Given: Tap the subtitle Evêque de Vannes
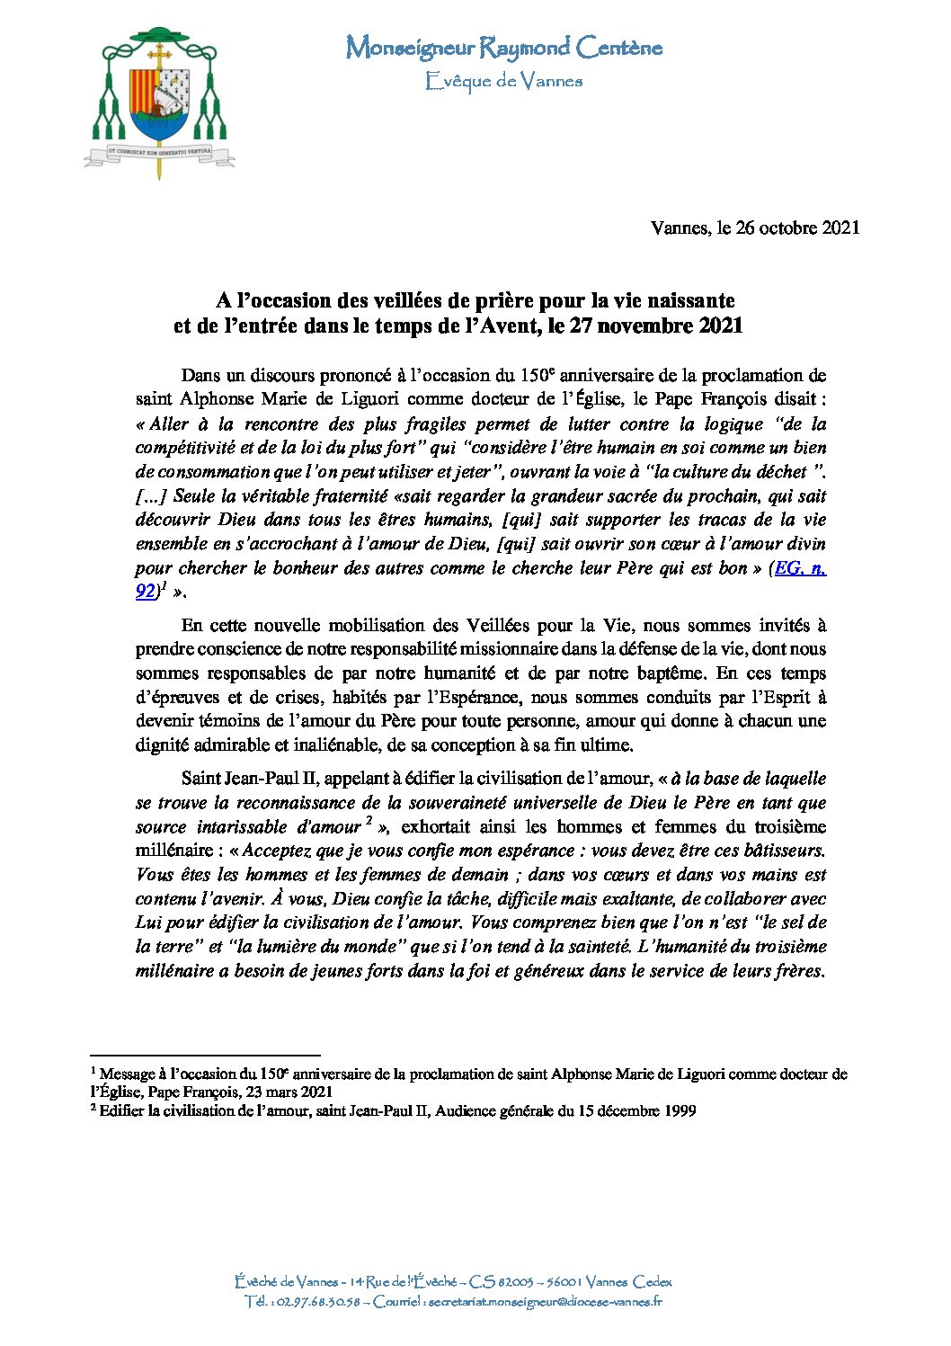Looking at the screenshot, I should pyautogui.click(x=503, y=82).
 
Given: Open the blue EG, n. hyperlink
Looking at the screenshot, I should pyautogui.click(x=802, y=568).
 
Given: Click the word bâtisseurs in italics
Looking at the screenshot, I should pyautogui.click(x=778, y=851).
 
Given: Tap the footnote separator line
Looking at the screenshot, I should pyautogui.click(x=206, y=1055).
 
